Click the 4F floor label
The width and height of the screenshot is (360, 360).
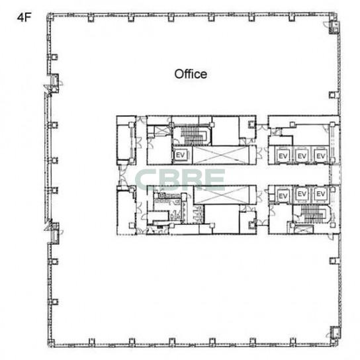[x=24, y=17]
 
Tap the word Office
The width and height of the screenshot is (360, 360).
[x=191, y=74]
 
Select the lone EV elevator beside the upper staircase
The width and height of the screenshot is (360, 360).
[x=180, y=156]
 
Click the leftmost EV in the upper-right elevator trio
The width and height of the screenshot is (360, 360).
[x=283, y=156]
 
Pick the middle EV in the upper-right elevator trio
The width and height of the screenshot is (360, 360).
[x=302, y=156]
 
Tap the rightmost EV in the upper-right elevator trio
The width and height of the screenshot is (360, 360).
[x=320, y=156]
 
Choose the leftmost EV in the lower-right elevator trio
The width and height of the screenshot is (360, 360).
[x=283, y=196]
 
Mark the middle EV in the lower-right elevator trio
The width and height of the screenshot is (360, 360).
[x=302, y=194]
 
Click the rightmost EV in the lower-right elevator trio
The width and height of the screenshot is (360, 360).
[x=320, y=194]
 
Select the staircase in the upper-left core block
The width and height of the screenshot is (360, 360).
[x=191, y=136]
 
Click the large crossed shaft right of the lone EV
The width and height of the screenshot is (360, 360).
[x=221, y=155]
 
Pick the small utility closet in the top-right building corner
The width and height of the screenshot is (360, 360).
[x=334, y=27]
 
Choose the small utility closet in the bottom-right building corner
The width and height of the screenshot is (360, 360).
[x=335, y=333]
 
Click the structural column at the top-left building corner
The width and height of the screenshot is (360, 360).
[x=50, y=17]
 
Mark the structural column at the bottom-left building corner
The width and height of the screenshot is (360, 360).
[x=51, y=343]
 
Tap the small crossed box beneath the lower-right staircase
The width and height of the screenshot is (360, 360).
[x=304, y=230]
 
